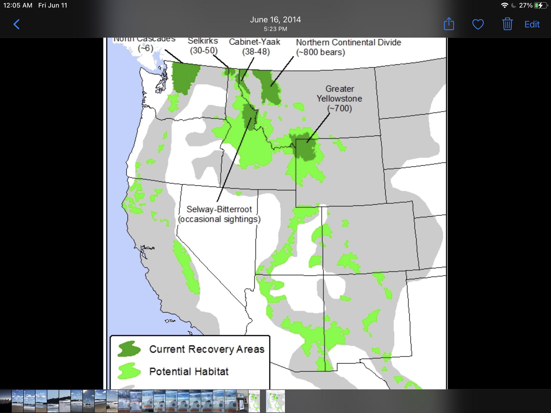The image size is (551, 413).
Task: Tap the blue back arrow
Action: click(x=16, y=24)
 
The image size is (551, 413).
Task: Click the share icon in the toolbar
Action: click(x=449, y=24)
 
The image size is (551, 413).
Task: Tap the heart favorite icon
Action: click(x=478, y=24)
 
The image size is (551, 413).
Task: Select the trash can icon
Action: click(x=507, y=24)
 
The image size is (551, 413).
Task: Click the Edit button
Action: click(x=532, y=24)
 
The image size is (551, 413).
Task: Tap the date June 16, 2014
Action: click(x=275, y=20)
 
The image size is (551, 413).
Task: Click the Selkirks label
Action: click(x=203, y=41)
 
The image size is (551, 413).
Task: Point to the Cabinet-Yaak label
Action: click(x=255, y=42)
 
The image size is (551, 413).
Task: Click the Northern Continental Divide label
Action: click(x=348, y=42)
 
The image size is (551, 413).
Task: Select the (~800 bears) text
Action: click(x=320, y=52)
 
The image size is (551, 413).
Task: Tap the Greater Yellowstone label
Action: click(x=339, y=94)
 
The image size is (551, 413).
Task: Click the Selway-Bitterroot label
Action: click(x=219, y=209)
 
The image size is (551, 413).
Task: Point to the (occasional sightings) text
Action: click(x=219, y=219)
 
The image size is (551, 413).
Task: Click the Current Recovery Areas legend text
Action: click(x=207, y=349)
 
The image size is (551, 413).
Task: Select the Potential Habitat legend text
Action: click(x=189, y=371)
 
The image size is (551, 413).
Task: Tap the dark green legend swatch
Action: click(x=129, y=349)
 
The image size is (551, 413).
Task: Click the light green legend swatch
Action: click(x=129, y=371)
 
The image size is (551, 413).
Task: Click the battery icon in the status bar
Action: click(x=540, y=5)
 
